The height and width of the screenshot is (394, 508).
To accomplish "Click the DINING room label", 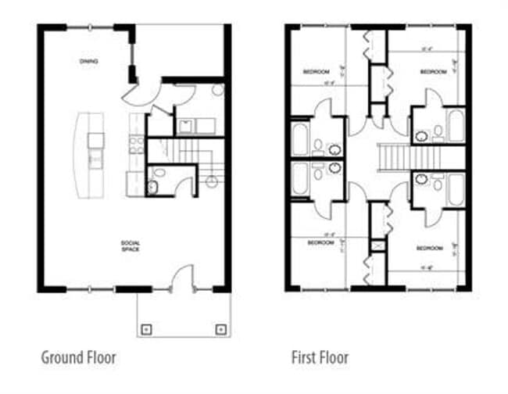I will (x=88, y=61).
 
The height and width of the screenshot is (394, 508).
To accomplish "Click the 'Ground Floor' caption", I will (x=78, y=358).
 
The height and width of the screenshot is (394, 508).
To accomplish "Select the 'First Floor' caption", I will (x=319, y=358).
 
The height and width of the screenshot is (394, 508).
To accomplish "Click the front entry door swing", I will (x=181, y=277).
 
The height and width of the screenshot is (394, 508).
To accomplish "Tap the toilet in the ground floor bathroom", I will (x=152, y=187).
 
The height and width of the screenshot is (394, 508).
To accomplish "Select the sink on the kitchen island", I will (x=95, y=140).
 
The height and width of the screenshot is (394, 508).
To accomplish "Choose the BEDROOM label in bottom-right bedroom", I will (x=429, y=249).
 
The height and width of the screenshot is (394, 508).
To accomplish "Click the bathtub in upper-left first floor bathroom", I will (x=300, y=138).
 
